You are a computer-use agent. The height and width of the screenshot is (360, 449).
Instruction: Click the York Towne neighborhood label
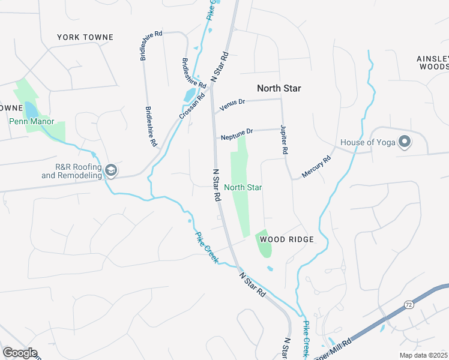click(x=85, y=37)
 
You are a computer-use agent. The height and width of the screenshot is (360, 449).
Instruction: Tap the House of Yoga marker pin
click(x=405, y=142)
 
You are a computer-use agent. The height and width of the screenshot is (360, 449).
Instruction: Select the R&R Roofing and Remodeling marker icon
click(x=110, y=170)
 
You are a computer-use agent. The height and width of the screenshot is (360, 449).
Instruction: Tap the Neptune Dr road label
click(x=237, y=134)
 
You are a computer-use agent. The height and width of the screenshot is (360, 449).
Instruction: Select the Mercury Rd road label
click(x=316, y=167)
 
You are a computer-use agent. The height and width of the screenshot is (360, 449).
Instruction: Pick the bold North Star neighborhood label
click(x=279, y=88)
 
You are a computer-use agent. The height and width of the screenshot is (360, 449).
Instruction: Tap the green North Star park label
click(x=243, y=187)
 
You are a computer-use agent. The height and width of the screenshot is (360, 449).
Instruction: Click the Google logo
click(x=20, y=353)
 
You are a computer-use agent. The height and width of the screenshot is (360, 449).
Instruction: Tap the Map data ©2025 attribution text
click(x=424, y=355)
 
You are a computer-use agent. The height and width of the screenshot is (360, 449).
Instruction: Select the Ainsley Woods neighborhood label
click(x=433, y=62)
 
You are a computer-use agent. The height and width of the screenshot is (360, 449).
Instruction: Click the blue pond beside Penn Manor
click(x=30, y=110)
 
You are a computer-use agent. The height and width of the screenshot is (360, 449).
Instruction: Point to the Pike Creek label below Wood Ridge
click(x=207, y=247)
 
